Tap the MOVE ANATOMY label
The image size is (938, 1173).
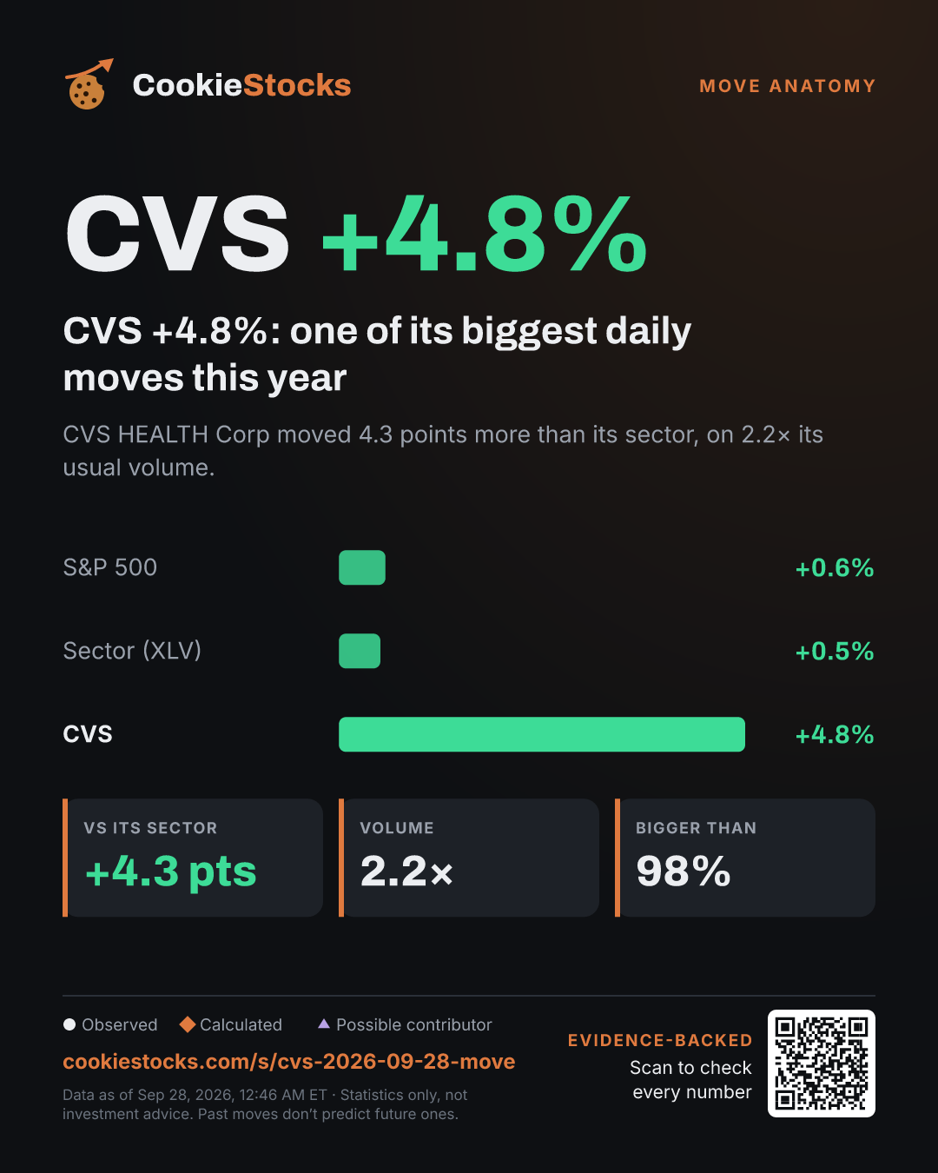787,86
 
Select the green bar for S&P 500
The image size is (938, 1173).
362,567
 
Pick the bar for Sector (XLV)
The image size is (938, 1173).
360,651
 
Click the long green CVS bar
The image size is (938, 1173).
542,734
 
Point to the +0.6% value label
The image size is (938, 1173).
835,568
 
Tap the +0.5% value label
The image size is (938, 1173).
835,652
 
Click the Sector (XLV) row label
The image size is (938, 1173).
132,651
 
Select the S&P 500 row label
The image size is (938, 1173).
110,567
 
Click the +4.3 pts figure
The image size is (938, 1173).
170,871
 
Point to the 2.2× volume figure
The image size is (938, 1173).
406,871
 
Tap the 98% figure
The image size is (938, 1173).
684,871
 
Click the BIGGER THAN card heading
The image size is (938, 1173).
696,828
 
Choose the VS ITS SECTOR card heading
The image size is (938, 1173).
150,828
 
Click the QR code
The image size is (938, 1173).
822,1064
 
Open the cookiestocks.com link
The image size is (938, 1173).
289,1062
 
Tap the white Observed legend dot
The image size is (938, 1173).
69,1024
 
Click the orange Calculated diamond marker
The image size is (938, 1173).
188,1024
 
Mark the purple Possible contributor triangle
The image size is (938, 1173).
324,1024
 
